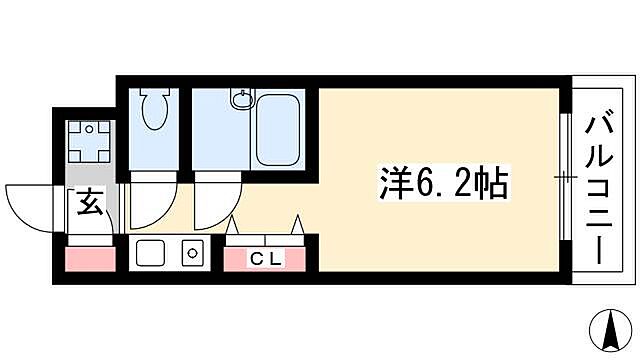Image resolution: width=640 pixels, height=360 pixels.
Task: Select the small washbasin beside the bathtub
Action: point(240,98)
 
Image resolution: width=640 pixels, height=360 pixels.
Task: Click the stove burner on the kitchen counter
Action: point(190,254)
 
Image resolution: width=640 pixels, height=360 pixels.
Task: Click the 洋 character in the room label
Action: point(393,183)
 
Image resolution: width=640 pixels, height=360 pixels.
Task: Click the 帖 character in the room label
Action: point(493,183)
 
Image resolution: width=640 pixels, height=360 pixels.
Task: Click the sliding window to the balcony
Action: point(565,178)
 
